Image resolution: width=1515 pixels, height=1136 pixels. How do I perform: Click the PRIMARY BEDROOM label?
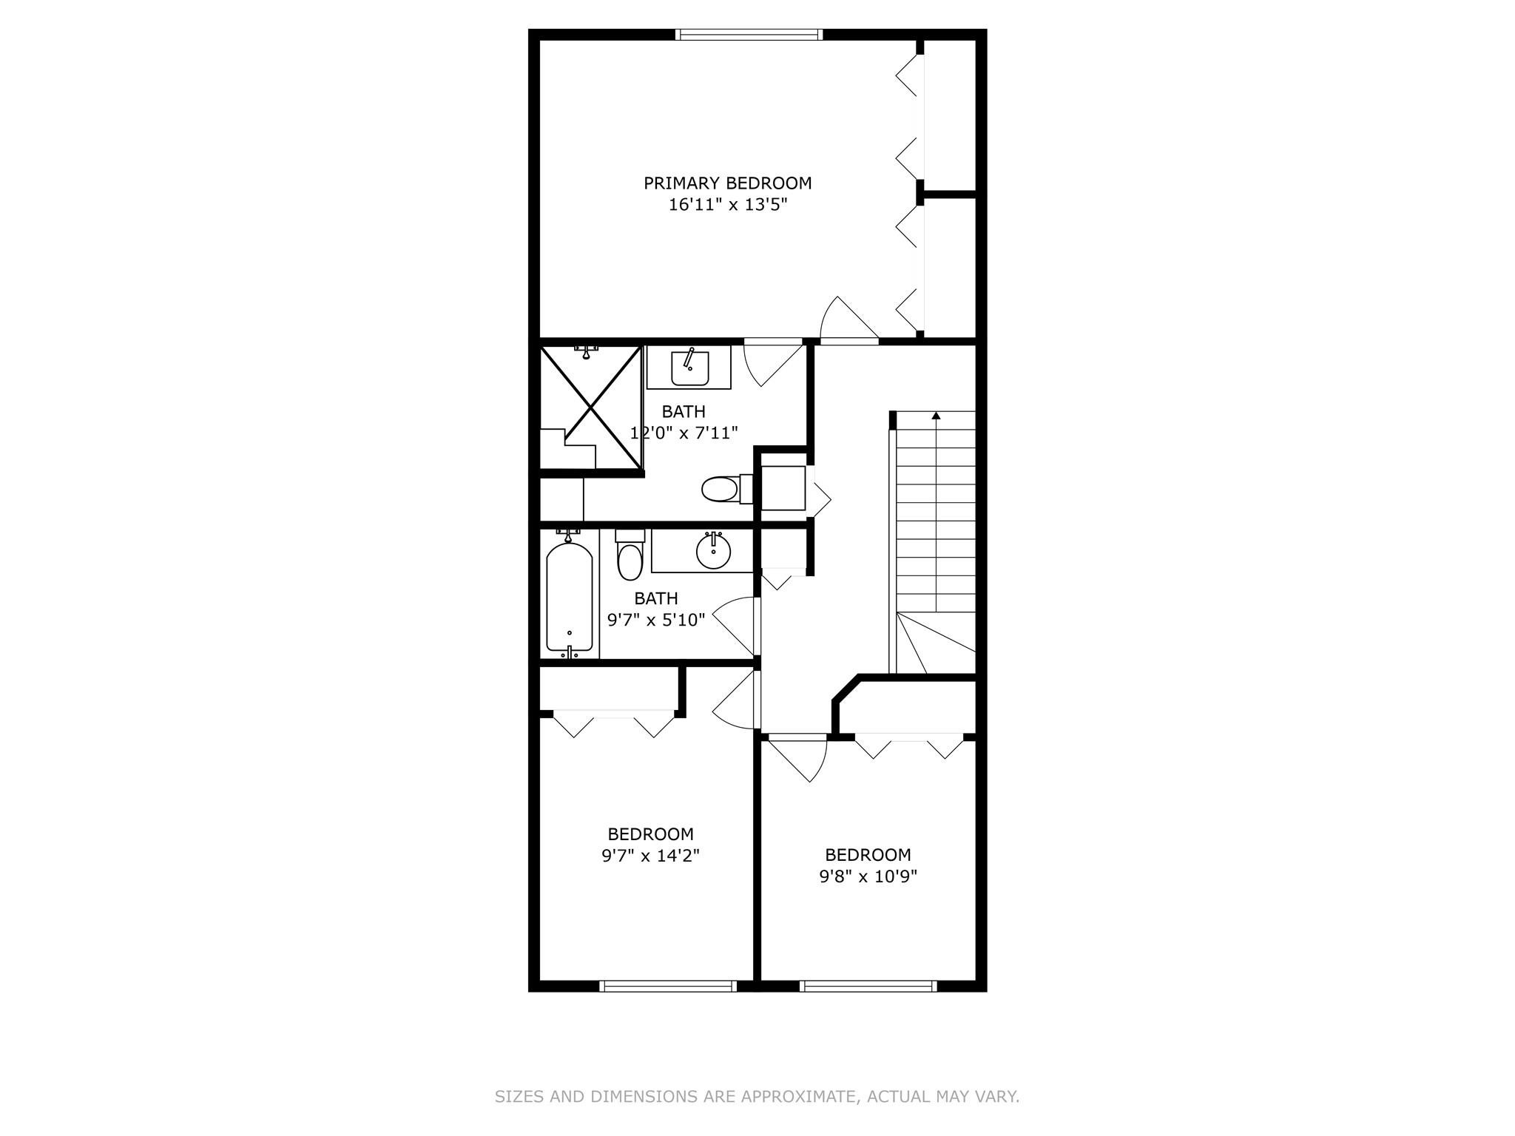tap(727, 183)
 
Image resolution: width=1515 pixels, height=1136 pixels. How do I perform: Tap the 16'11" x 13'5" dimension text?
tap(727, 205)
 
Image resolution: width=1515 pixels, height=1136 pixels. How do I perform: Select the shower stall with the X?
tap(590, 407)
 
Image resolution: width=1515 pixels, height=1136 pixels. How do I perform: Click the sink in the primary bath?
tap(689, 368)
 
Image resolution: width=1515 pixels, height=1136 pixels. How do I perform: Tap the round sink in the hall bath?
tap(713, 550)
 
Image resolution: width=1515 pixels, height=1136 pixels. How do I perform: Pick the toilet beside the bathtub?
tap(630, 555)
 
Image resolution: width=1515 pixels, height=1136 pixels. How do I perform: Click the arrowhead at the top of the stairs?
tap(936, 416)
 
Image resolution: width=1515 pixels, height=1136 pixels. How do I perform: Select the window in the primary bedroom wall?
tap(749, 34)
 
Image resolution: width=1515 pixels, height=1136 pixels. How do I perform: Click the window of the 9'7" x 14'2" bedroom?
tap(667, 985)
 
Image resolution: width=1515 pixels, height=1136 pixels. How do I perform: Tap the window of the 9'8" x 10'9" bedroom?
tap(868, 985)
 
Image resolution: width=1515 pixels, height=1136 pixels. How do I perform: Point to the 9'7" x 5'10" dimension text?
tap(656, 620)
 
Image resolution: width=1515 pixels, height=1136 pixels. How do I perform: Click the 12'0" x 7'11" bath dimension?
tap(684, 433)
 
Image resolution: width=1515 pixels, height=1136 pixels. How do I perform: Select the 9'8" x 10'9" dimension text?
tap(868, 876)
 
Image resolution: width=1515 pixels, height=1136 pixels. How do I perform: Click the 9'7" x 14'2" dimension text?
tap(650, 856)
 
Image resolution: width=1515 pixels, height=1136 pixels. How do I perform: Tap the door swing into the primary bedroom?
tap(848, 319)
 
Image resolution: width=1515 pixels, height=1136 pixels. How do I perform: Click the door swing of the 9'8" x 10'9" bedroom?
tap(797, 759)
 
